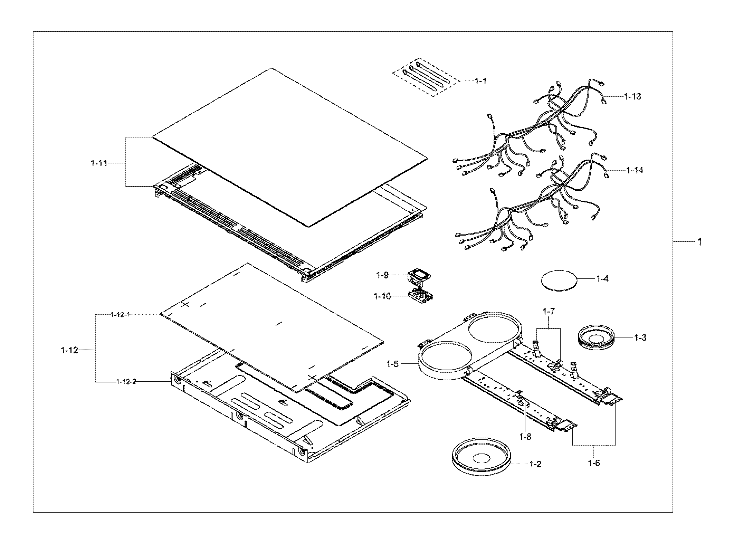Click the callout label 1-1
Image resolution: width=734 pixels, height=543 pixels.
pos(480,81)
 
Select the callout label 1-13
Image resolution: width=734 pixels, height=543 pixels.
pos(632,97)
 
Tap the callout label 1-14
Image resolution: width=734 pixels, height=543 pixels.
pos(635,170)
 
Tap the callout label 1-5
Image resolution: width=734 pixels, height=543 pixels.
pos(393,364)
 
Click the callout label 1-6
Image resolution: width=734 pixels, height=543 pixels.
pos(594,463)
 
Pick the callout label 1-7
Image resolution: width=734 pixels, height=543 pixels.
pos(549,312)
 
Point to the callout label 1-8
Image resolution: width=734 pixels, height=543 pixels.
pos(525,437)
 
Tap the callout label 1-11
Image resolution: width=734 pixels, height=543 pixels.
pos(99,163)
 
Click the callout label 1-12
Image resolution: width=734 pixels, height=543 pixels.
pos(69,350)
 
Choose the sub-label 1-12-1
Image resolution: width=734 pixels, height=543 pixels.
pos(121,315)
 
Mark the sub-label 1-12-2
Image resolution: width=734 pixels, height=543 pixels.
pos(126,381)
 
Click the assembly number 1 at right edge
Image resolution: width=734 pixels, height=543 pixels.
pos(699,242)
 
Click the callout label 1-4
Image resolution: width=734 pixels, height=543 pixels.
pos(602,278)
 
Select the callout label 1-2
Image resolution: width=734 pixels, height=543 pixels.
pos(535,464)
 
